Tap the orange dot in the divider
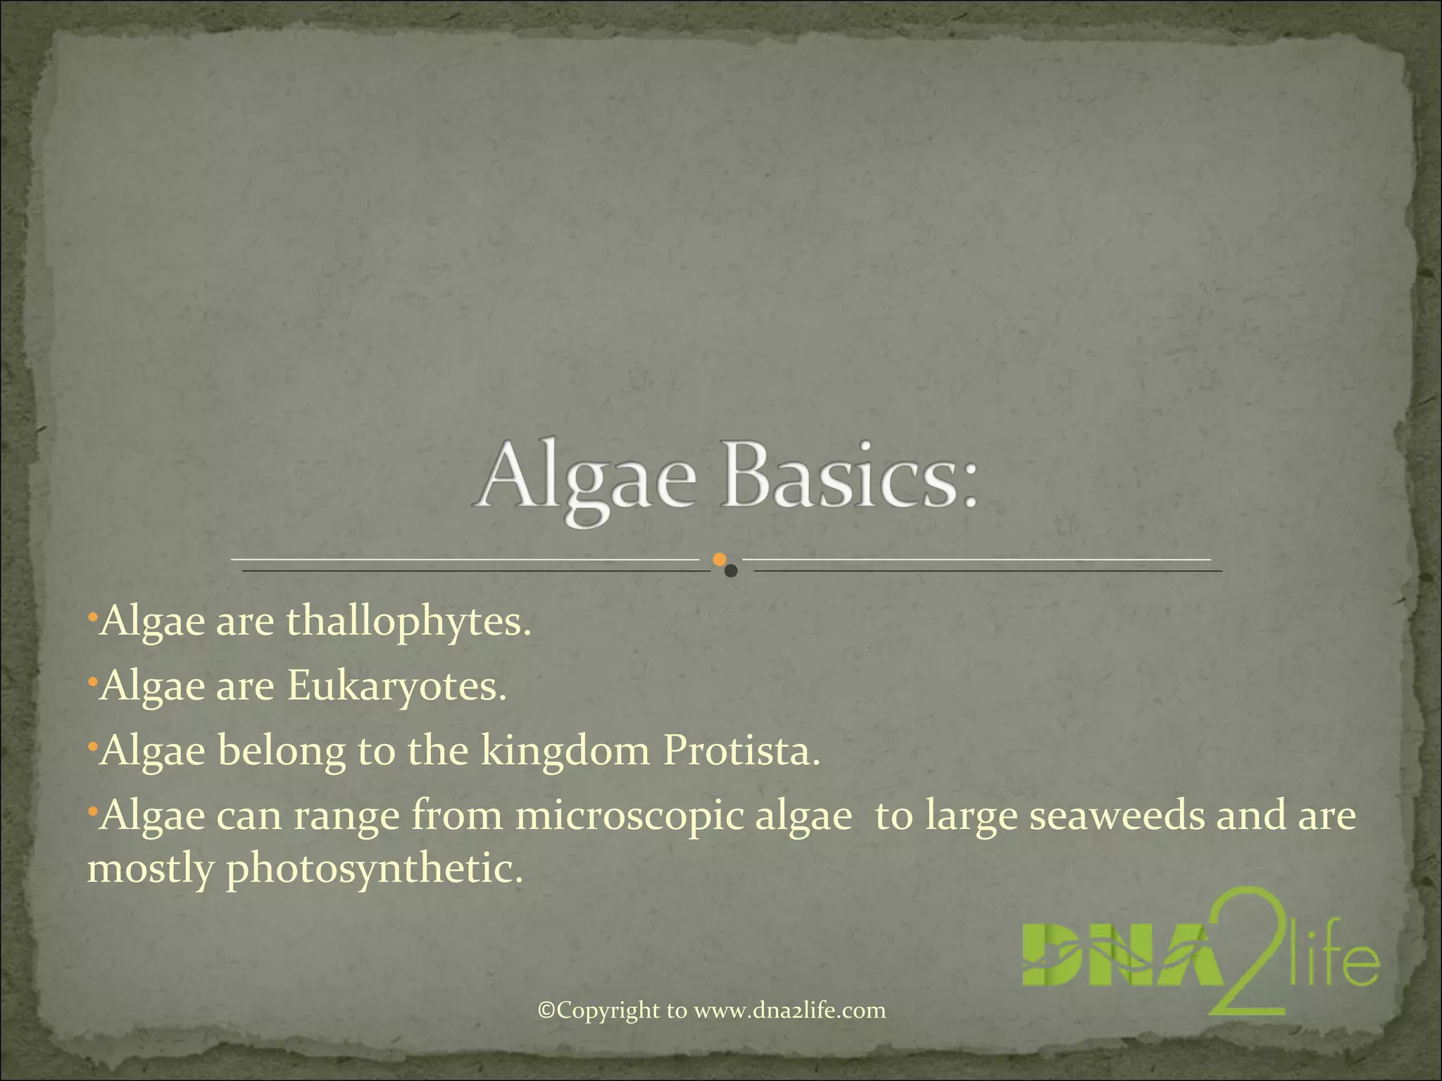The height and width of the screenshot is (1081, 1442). (x=719, y=560)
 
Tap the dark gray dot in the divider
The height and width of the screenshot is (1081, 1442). (x=731, y=571)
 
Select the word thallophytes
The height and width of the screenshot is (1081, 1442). (x=407, y=622)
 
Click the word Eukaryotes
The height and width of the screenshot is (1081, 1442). (x=396, y=687)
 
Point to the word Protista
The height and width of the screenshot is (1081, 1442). (x=741, y=751)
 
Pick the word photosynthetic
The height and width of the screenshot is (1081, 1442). (x=375, y=870)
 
